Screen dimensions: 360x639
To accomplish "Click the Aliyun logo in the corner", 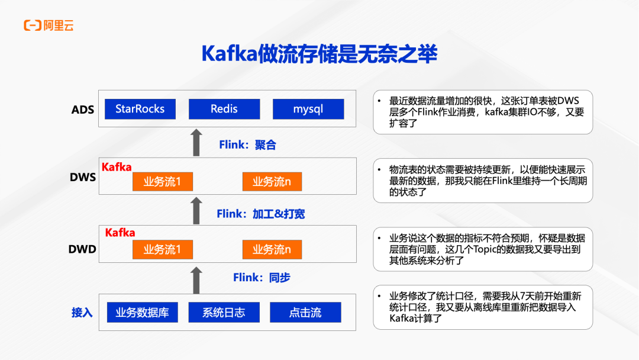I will pyautogui.click(x=49, y=25).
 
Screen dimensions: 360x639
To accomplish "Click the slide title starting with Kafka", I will pyautogui.click(x=319, y=54).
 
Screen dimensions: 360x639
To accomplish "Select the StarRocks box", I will pyautogui.click(x=140, y=109).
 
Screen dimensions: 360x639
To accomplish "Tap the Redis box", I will pyautogui.click(x=224, y=109).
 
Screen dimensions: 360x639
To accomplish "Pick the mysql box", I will pyautogui.click(x=308, y=109).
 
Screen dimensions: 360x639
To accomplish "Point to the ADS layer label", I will pyautogui.click(x=83, y=110).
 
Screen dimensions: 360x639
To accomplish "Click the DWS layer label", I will pyautogui.click(x=83, y=176).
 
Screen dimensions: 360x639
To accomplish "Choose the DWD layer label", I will pyautogui.click(x=82, y=249).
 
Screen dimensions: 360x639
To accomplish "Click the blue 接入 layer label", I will pyautogui.click(x=82, y=313).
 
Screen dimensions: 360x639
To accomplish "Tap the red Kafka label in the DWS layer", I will pyautogui.click(x=117, y=167).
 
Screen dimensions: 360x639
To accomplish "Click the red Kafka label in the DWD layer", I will pyautogui.click(x=120, y=233).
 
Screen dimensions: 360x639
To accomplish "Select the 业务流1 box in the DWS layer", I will pyautogui.click(x=162, y=182).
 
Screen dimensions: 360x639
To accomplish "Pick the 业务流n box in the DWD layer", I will pyautogui.click(x=272, y=249).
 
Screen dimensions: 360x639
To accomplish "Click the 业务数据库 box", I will pyautogui.click(x=142, y=312).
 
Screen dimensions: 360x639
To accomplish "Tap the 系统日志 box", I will pyautogui.click(x=224, y=312).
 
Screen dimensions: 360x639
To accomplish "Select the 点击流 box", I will pyautogui.click(x=305, y=312).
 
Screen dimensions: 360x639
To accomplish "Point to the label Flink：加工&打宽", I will pyautogui.click(x=261, y=214).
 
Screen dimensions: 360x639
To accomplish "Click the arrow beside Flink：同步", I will pyautogui.click(x=196, y=280).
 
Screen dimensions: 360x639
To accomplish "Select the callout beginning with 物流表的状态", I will pyautogui.click(x=483, y=181).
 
